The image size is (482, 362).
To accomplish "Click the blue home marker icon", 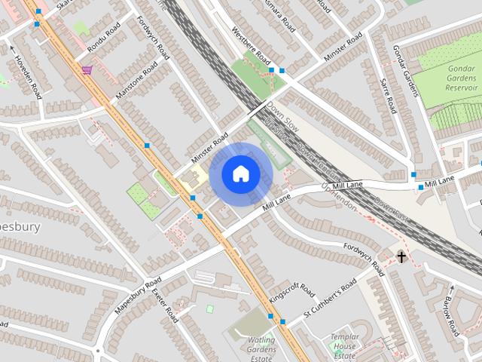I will click(x=240, y=174).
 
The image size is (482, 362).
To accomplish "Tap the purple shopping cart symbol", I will click(x=87, y=70).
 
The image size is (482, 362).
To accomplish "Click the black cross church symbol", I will click(x=401, y=257).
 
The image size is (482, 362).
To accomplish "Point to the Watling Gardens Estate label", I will click(x=261, y=348).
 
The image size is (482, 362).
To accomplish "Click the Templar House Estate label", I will click(x=344, y=347).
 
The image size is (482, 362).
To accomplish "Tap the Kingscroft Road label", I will click(x=292, y=293).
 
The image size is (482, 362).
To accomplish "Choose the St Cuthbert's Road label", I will click(x=329, y=297).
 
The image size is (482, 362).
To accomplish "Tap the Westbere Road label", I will click(x=251, y=46).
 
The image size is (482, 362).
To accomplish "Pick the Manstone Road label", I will click(x=137, y=82).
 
